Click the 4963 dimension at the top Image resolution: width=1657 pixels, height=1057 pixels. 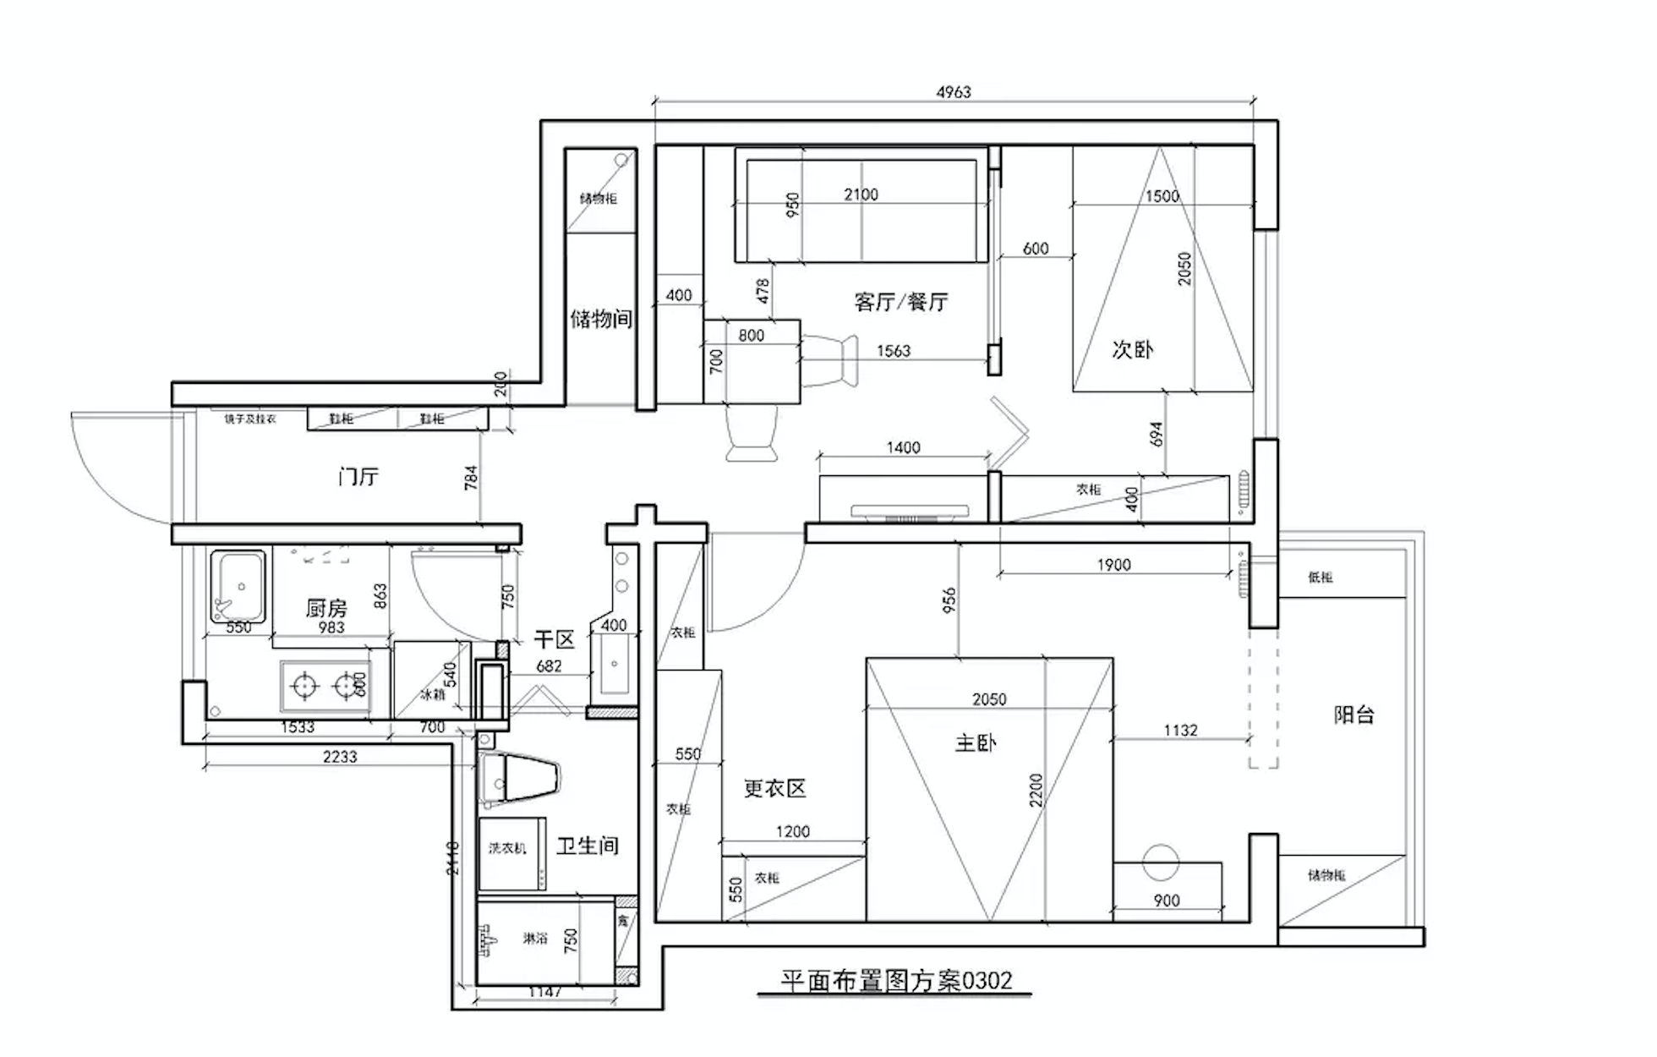coord(953,92)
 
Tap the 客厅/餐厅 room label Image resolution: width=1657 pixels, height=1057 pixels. coord(900,302)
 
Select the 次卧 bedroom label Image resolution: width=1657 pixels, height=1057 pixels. coord(1132,349)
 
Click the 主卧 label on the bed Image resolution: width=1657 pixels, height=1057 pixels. coord(976,743)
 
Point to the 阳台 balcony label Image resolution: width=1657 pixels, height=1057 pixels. coord(1353,715)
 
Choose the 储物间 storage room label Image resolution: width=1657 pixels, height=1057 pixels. coord(601,319)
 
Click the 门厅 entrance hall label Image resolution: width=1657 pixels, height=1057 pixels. coord(358,477)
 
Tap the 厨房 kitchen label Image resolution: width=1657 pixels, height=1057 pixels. coord(326,608)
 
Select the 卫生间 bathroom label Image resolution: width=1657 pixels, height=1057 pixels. coord(588,846)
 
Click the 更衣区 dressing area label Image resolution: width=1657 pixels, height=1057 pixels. coord(774,789)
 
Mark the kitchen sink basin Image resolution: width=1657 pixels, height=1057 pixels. coord(238,585)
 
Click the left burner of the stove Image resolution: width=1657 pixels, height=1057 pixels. coord(302,684)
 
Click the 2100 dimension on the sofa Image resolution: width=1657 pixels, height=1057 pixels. coord(861,194)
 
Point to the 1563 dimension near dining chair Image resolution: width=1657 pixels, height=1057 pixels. coord(893,351)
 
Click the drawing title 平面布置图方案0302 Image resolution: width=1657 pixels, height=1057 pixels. coord(895,981)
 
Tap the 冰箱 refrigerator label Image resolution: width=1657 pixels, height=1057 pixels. coord(432,694)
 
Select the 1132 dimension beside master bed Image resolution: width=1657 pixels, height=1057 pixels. coord(1180,731)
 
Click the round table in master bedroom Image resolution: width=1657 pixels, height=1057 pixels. coord(1161,863)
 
